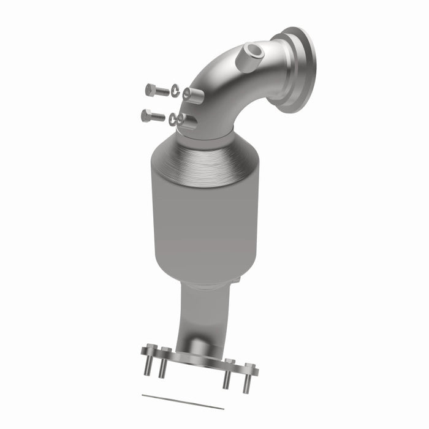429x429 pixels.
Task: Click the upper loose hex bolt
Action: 157,91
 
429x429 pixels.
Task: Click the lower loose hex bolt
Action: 153,115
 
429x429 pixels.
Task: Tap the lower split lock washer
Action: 173,119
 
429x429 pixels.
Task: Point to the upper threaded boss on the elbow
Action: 193,94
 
